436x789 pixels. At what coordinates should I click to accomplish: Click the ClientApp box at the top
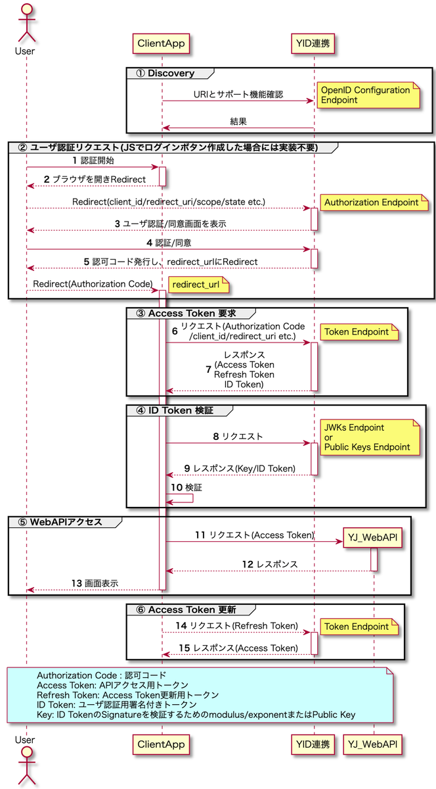[x=162, y=44]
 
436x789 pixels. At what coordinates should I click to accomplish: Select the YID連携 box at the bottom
[x=313, y=744]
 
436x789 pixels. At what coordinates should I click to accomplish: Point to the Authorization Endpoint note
[x=372, y=203]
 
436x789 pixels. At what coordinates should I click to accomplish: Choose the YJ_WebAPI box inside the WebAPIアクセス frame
[x=373, y=538]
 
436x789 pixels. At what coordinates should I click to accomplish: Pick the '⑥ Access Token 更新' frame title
[x=186, y=610]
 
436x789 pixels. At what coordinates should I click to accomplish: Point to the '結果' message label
[x=238, y=121]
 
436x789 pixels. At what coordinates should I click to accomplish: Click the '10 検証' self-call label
[x=186, y=487]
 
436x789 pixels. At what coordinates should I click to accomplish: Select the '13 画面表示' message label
[x=95, y=583]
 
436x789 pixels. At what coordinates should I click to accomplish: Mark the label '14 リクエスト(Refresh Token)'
[x=238, y=625]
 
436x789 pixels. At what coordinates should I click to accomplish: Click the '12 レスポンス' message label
[x=269, y=564]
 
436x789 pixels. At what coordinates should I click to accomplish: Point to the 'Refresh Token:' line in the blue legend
[x=127, y=694]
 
